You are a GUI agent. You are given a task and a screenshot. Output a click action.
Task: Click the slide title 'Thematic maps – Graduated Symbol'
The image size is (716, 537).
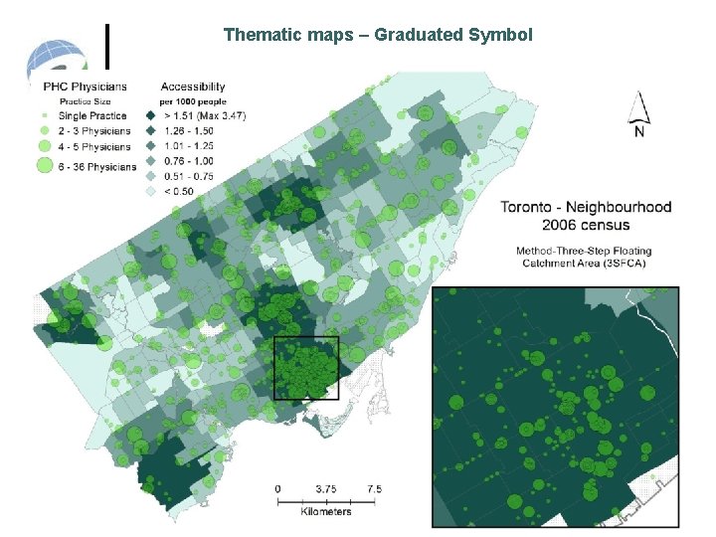click(378, 35)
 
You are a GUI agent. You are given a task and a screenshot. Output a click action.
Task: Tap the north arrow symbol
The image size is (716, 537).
click(639, 106)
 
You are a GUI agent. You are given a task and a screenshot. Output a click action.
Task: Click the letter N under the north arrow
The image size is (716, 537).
click(639, 132)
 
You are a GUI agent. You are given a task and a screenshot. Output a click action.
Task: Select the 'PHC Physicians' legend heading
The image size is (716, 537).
click(86, 88)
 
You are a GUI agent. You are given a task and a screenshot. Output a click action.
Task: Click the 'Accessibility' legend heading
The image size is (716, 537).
click(192, 88)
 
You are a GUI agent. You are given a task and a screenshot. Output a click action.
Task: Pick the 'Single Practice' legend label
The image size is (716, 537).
click(93, 115)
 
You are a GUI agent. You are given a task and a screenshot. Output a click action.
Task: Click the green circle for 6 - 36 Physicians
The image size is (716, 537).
click(43, 165)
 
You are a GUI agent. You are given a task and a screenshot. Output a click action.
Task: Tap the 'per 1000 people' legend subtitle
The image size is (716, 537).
click(193, 101)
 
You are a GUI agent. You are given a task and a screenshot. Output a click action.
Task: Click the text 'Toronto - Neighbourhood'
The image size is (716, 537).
click(586, 208)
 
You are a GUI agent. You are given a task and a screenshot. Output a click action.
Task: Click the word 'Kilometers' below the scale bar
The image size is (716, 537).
click(326, 511)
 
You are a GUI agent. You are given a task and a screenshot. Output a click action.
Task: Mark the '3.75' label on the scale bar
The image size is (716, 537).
click(325, 488)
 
